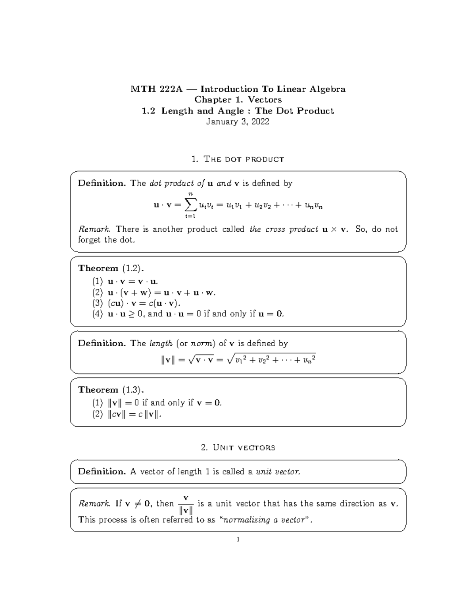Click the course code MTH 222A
(156, 89)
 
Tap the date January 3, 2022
(238, 122)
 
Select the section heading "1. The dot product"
(238, 159)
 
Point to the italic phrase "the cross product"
(284, 229)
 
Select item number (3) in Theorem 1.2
(98, 303)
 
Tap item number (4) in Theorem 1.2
(98, 314)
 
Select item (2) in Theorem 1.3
(98, 415)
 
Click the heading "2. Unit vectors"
(238, 448)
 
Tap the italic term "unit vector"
(278, 472)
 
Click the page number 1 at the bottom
(238, 539)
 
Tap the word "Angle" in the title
(230, 111)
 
